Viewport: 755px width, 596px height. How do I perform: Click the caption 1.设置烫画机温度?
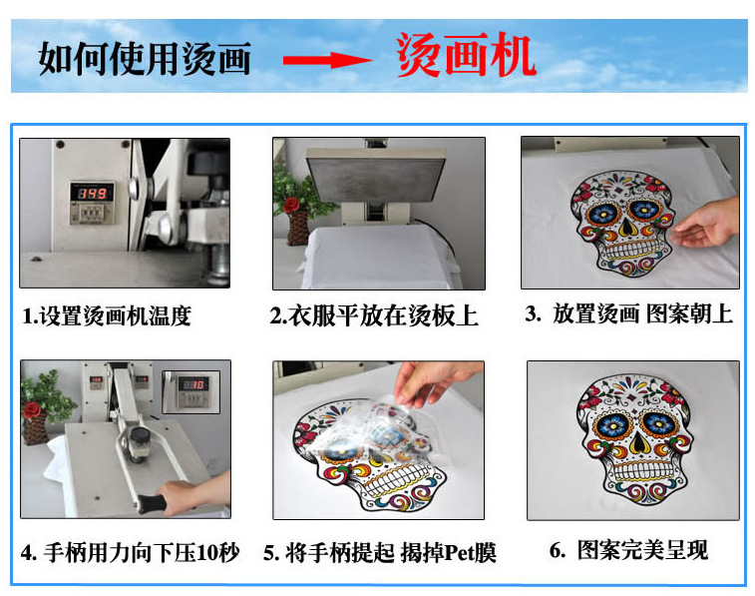[107, 316]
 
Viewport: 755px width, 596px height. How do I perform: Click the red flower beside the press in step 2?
[291, 205]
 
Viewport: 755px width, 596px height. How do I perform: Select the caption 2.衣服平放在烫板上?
[374, 316]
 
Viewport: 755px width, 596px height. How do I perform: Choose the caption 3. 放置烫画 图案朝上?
[628, 314]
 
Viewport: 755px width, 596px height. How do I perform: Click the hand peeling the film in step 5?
[440, 382]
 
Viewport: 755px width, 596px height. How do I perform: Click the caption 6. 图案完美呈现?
[628, 550]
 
